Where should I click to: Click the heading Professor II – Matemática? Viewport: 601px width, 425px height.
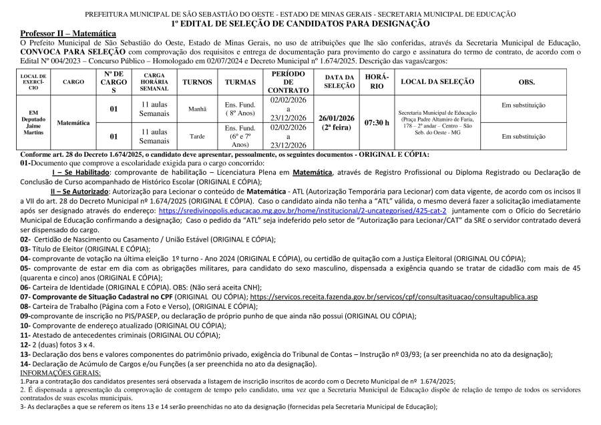67,33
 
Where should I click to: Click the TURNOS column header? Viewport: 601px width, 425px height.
197,82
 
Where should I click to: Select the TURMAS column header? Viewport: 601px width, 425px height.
240,82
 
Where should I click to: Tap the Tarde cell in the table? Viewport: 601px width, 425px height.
197,136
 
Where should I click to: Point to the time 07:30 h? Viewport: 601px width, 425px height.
377,123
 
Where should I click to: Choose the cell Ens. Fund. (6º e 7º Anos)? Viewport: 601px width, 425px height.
240,136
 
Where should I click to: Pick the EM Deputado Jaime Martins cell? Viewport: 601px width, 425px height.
33,123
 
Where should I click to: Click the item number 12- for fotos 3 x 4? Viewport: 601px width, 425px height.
25,344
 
